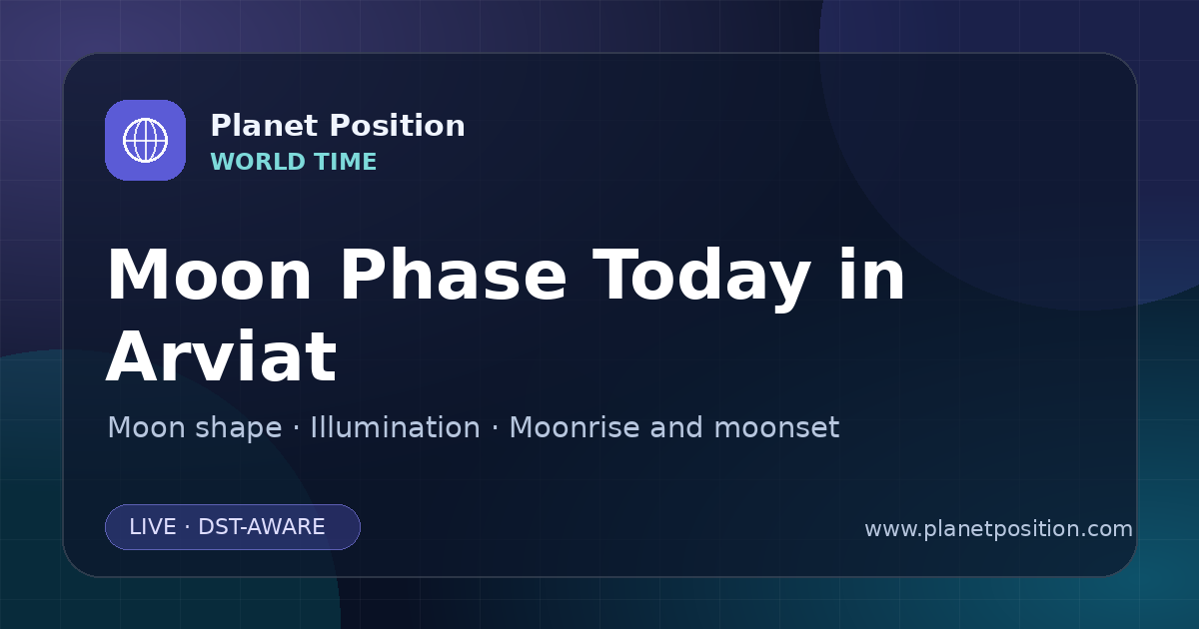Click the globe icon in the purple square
point(145,140)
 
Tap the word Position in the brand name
point(398,126)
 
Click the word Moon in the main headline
point(209,275)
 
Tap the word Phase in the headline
point(453,275)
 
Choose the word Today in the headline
point(701,279)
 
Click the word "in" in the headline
point(872,275)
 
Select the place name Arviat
point(222,355)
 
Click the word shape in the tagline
point(238,428)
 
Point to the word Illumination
point(395,427)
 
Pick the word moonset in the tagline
point(776,428)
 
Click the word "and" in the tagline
point(676,427)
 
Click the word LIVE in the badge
point(153,527)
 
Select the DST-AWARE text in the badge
point(261,527)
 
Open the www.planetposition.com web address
point(999,529)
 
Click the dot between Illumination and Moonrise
point(495,428)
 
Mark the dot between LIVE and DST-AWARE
point(188,527)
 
